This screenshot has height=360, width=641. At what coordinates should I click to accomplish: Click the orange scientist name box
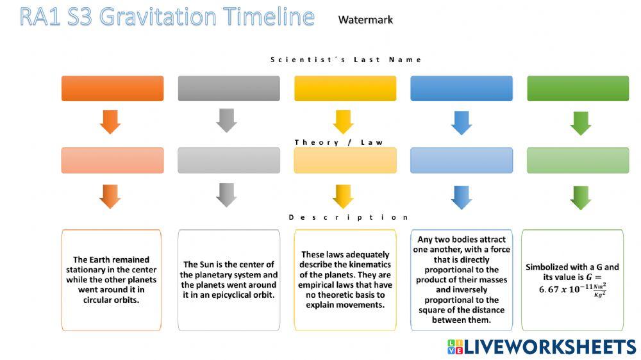[x=112, y=88]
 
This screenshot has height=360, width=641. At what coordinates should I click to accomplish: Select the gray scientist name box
[x=229, y=88]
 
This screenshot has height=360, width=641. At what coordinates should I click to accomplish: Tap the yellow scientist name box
[x=345, y=88]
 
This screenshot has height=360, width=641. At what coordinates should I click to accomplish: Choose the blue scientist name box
[x=462, y=88]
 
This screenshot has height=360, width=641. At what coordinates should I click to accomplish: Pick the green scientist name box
[x=578, y=88]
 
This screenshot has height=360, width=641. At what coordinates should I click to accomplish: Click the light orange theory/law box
[x=112, y=160]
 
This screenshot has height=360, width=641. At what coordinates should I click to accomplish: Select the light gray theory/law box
[x=229, y=160]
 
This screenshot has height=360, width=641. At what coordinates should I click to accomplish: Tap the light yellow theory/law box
[x=345, y=160]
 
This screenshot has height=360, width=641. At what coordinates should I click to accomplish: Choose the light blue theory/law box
[x=462, y=160]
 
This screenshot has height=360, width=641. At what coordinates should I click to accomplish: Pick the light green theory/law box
[x=578, y=160]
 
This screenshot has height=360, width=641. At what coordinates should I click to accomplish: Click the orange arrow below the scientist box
[x=110, y=121]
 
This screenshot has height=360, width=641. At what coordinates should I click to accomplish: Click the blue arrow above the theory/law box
[x=462, y=122]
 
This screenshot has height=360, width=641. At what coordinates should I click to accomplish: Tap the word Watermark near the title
[x=365, y=20]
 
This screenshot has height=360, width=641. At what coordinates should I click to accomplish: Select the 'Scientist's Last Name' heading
[x=346, y=60]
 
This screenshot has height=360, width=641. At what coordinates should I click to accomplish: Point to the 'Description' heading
[x=348, y=217]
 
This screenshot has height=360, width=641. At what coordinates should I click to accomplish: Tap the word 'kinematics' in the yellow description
[x=369, y=265]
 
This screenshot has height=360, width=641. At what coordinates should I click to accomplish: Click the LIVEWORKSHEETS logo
[x=542, y=347]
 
